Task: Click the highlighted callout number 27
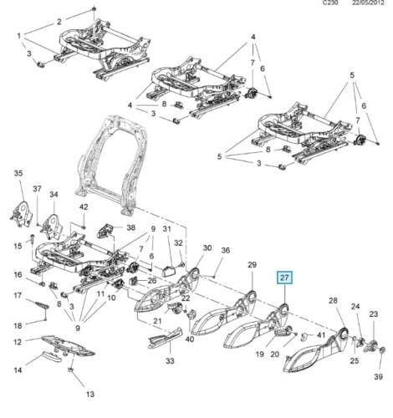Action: pos(284,278)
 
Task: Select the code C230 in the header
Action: pos(330,3)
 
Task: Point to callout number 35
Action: pos(18,173)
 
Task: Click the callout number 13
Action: pos(90,395)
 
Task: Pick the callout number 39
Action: pos(378,377)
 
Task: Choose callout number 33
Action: pos(170,361)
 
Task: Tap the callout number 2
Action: pos(59,22)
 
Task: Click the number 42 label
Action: pos(84,207)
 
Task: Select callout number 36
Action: pos(226,250)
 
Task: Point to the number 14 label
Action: pos(18,370)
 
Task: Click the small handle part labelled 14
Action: pos(52,356)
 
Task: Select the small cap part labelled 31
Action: pos(169,271)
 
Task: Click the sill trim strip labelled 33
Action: pos(165,338)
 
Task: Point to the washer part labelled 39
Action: pos(382,350)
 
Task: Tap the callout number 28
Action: pos(333,300)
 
